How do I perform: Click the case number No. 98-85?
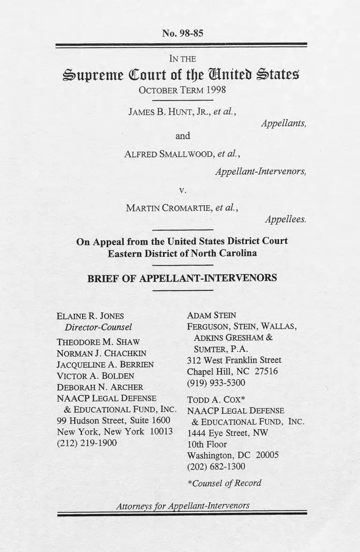pos(182,33)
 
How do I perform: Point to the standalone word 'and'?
pos(182,136)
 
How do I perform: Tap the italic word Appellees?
pos(285,219)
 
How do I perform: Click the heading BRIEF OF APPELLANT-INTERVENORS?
pos(182,278)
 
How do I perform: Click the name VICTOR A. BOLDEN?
pos(95,376)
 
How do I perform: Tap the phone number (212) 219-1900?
pos(86,443)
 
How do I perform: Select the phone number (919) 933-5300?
pos(216,383)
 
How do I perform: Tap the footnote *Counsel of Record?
pos(224,483)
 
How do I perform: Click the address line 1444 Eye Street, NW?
pos(227,433)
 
